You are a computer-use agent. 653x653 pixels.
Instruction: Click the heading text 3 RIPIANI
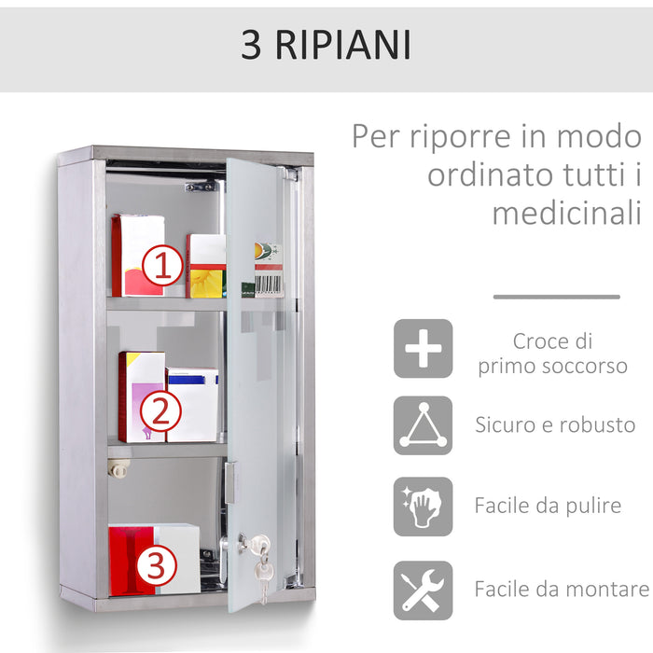326,45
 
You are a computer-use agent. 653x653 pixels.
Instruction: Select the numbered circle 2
160,410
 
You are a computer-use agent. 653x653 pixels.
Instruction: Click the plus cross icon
423,349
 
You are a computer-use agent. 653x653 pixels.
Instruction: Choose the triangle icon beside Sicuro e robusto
423,426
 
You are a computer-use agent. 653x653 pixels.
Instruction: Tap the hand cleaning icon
423,507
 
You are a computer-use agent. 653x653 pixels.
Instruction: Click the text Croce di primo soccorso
552,354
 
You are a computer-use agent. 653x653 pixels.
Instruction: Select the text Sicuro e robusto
555,426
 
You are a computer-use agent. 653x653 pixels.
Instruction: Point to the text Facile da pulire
548,507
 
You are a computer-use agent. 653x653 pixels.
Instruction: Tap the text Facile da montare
561,590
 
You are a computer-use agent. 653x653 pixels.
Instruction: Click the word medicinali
567,212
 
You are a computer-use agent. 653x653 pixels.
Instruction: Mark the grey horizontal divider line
556,297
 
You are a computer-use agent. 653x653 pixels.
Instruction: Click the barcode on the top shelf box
269,283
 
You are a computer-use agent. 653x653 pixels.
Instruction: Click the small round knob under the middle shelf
118,468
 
